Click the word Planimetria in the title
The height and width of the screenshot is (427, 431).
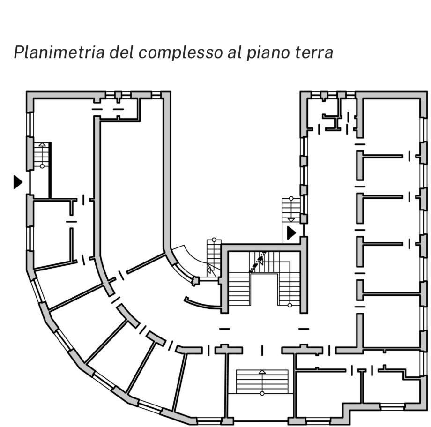59,52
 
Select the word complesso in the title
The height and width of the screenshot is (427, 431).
180,52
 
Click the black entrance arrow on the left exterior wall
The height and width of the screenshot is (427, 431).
18,182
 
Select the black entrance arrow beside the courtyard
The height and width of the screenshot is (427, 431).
291,233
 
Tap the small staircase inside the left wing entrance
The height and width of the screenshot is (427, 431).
42,155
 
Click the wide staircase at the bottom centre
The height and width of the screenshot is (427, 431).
262,382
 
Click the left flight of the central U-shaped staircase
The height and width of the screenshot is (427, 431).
239,289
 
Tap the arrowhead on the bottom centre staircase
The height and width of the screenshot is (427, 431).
262,372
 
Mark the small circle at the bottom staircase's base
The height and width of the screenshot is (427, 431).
262,393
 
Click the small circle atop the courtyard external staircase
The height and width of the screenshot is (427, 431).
291,198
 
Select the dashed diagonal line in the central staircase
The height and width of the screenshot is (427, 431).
258,262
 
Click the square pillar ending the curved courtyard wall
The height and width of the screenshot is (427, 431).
195,281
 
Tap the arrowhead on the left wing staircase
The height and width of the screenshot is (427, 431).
42,144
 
